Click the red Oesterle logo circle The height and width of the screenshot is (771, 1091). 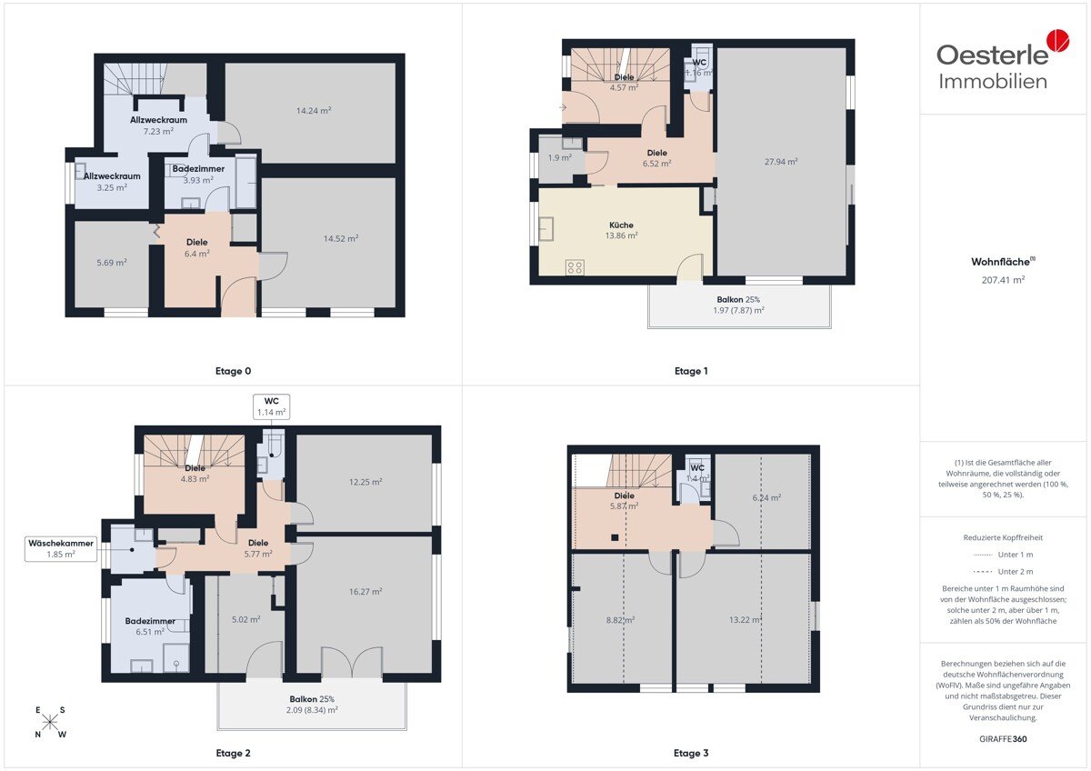pyautogui.click(x=1058, y=40)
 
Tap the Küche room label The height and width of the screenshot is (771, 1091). pyautogui.click(x=621, y=225)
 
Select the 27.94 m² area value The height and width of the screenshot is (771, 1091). pyautogui.click(x=781, y=162)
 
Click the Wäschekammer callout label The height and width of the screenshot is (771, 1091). pyautogui.click(x=61, y=548)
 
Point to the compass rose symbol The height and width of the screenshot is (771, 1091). pyautogui.click(x=50, y=721)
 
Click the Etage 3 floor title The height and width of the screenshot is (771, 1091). pyautogui.click(x=691, y=753)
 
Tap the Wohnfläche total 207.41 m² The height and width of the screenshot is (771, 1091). pyautogui.click(x=1003, y=280)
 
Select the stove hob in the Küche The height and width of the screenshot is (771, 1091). pyautogui.click(x=575, y=267)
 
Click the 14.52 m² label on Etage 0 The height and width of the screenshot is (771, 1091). pyautogui.click(x=341, y=238)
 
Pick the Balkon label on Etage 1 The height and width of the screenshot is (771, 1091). pyautogui.click(x=738, y=299)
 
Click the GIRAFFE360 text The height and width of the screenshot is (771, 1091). pyautogui.click(x=1003, y=739)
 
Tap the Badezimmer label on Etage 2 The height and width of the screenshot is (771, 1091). pyautogui.click(x=150, y=621)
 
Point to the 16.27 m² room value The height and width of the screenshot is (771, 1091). pyautogui.click(x=365, y=592)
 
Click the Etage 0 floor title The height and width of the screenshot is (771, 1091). pyautogui.click(x=233, y=371)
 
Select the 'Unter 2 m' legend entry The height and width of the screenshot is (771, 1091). pyautogui.click(x=1003, y=571)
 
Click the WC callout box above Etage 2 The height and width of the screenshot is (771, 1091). pyautogui.click(x=271, y=406)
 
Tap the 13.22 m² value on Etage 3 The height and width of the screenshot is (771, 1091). pyautogui.click(x=746, y=620)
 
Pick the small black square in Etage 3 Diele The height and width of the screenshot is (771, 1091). pyautogui.click(x=615, y=537)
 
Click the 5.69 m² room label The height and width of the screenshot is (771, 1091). pyautogui.click(x=112, y=263)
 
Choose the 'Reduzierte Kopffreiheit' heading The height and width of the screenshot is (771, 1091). pyautogui.click(x=1003, y=537)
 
